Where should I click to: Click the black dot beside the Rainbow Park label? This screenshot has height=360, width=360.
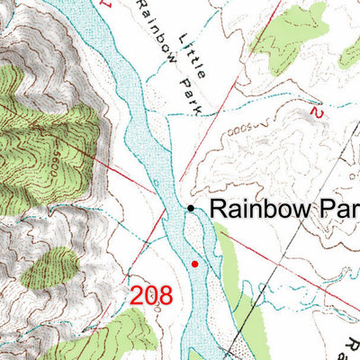[191, 209]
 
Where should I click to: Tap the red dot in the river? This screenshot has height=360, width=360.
[194, 264]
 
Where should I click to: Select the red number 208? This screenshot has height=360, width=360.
[150, 294]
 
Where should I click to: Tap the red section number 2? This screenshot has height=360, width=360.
[314, 112]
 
